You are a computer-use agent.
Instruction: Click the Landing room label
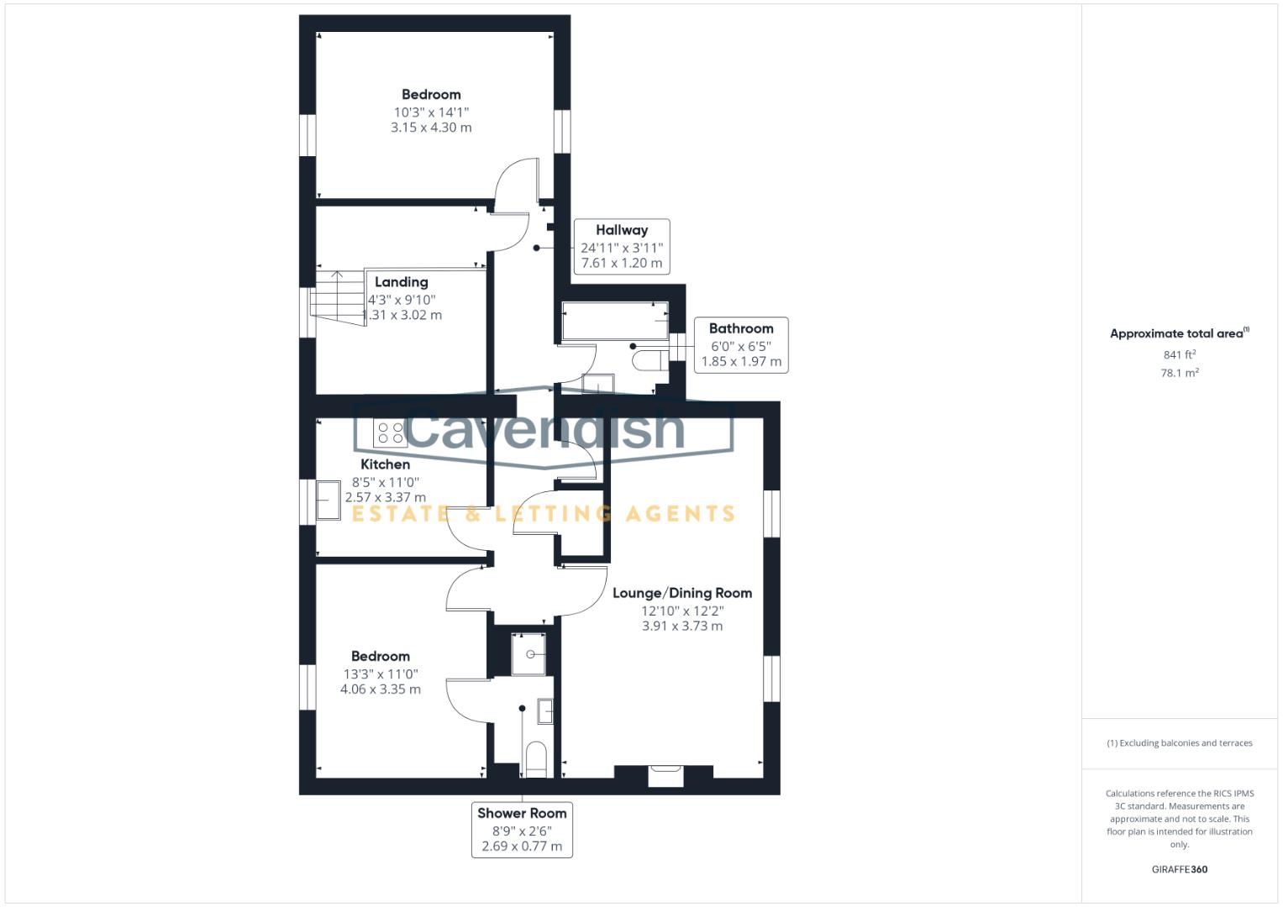click(401, 282)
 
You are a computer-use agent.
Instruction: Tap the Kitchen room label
click(385, 464)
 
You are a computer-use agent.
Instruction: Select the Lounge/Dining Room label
click(681, 593)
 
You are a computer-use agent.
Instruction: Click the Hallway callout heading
click(622, 230)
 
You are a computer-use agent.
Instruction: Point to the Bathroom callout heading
click(740, 328)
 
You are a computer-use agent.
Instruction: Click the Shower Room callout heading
click(522, 813)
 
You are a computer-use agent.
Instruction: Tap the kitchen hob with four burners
click(390, 433)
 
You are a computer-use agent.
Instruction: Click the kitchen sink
click(328, 501)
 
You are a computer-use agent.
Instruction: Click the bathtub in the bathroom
click(615, 321)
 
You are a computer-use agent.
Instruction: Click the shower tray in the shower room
click(528, 654)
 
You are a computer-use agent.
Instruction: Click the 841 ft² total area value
click(1179, 355)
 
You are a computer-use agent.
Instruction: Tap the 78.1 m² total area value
click(1179, 373)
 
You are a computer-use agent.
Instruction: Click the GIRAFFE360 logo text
click(1179, 869)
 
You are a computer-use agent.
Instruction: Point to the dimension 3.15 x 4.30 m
click(431, 128)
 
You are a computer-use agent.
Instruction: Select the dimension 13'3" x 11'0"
click(381, 674)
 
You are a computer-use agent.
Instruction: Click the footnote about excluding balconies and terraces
click(1179, 743)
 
